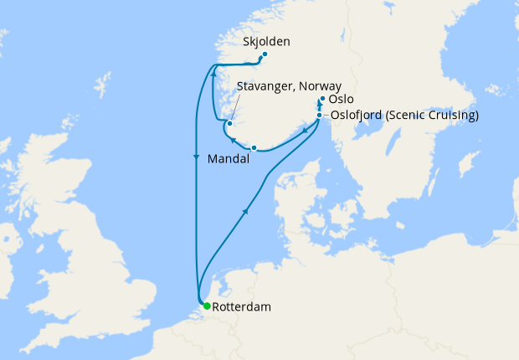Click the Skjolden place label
click(270, 41)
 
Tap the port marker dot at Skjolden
click(265, 56)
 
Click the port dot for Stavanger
click(229, 124)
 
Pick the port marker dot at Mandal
click(254, 148)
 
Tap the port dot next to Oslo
click(322, 98)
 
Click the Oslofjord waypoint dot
click(320, 116)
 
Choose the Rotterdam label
click(242, 307)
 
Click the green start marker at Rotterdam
click(206, 306)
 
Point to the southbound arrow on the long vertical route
click(197, 157)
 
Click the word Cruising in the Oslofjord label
click(451, 116)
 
